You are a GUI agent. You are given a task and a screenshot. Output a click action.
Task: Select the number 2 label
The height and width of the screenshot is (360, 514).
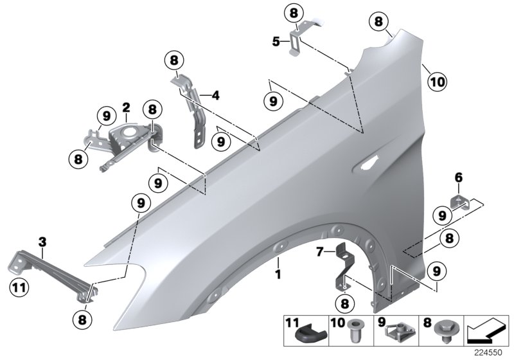[x=127, y=107]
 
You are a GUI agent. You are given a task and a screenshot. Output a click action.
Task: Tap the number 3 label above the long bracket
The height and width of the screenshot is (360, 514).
[x=42, y=242]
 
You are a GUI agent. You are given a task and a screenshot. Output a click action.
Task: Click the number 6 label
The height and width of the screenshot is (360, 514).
[x=458, y=177]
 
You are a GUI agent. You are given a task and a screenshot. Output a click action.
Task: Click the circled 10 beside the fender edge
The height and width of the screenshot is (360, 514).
[x=436, y=82]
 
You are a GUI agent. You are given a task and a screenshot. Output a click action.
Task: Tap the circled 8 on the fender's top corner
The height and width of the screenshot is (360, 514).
[x=379, y=22]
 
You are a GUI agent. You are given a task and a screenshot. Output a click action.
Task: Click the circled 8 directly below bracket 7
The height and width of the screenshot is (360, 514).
[x=344, y=302]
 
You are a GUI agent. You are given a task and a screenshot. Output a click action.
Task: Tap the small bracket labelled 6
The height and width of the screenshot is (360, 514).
[x=462, y=201]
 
